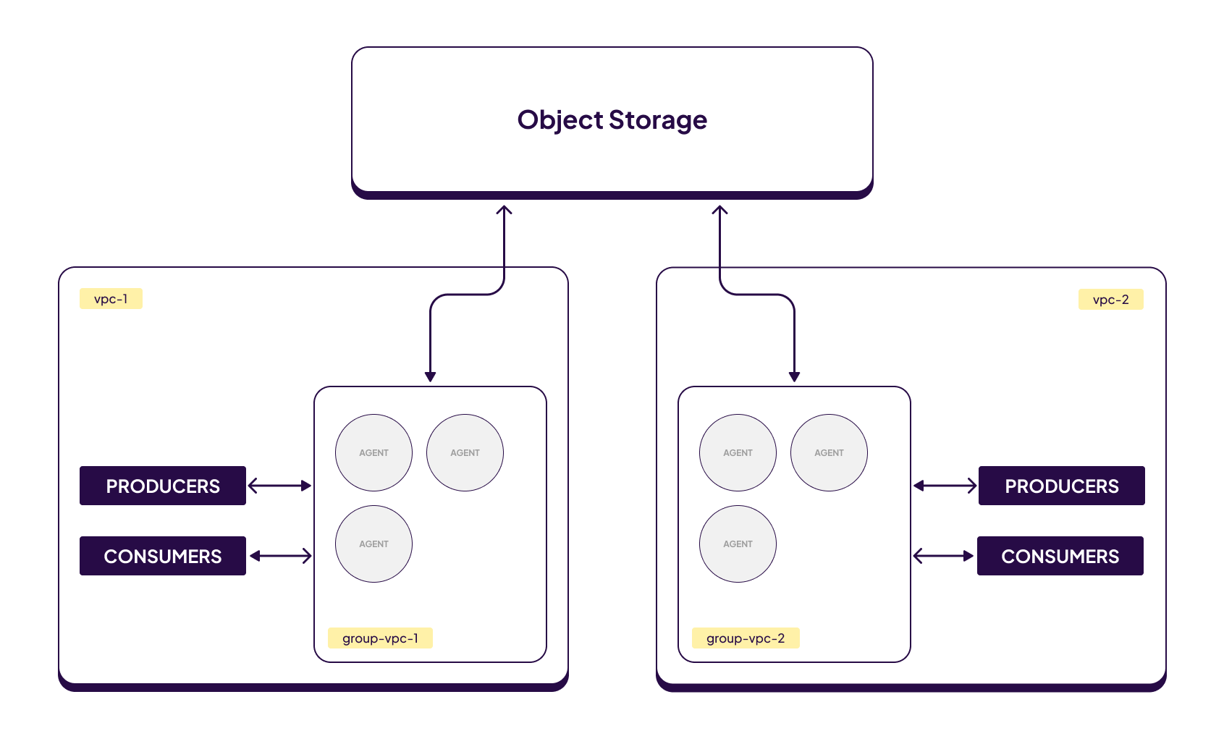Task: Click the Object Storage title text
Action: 612,120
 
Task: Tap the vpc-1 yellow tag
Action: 111,299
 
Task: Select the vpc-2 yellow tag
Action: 1110,300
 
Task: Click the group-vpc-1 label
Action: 380,638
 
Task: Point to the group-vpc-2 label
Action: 746,638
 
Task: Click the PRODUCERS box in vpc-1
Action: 163,486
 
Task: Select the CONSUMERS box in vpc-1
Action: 163,556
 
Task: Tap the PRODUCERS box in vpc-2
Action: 1061,486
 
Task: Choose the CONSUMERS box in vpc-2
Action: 1060,556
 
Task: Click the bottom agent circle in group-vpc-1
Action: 373,544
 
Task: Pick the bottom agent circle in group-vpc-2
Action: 738,544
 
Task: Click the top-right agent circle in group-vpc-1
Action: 465,452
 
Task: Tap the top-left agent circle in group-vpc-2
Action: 738,452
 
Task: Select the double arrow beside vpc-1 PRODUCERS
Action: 280,486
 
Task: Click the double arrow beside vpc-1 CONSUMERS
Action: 280,556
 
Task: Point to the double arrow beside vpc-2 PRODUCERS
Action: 945,486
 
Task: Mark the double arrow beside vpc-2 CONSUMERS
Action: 944,556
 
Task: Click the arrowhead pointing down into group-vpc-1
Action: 430,376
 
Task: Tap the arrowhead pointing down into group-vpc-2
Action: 794,376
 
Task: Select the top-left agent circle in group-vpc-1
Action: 373,452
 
